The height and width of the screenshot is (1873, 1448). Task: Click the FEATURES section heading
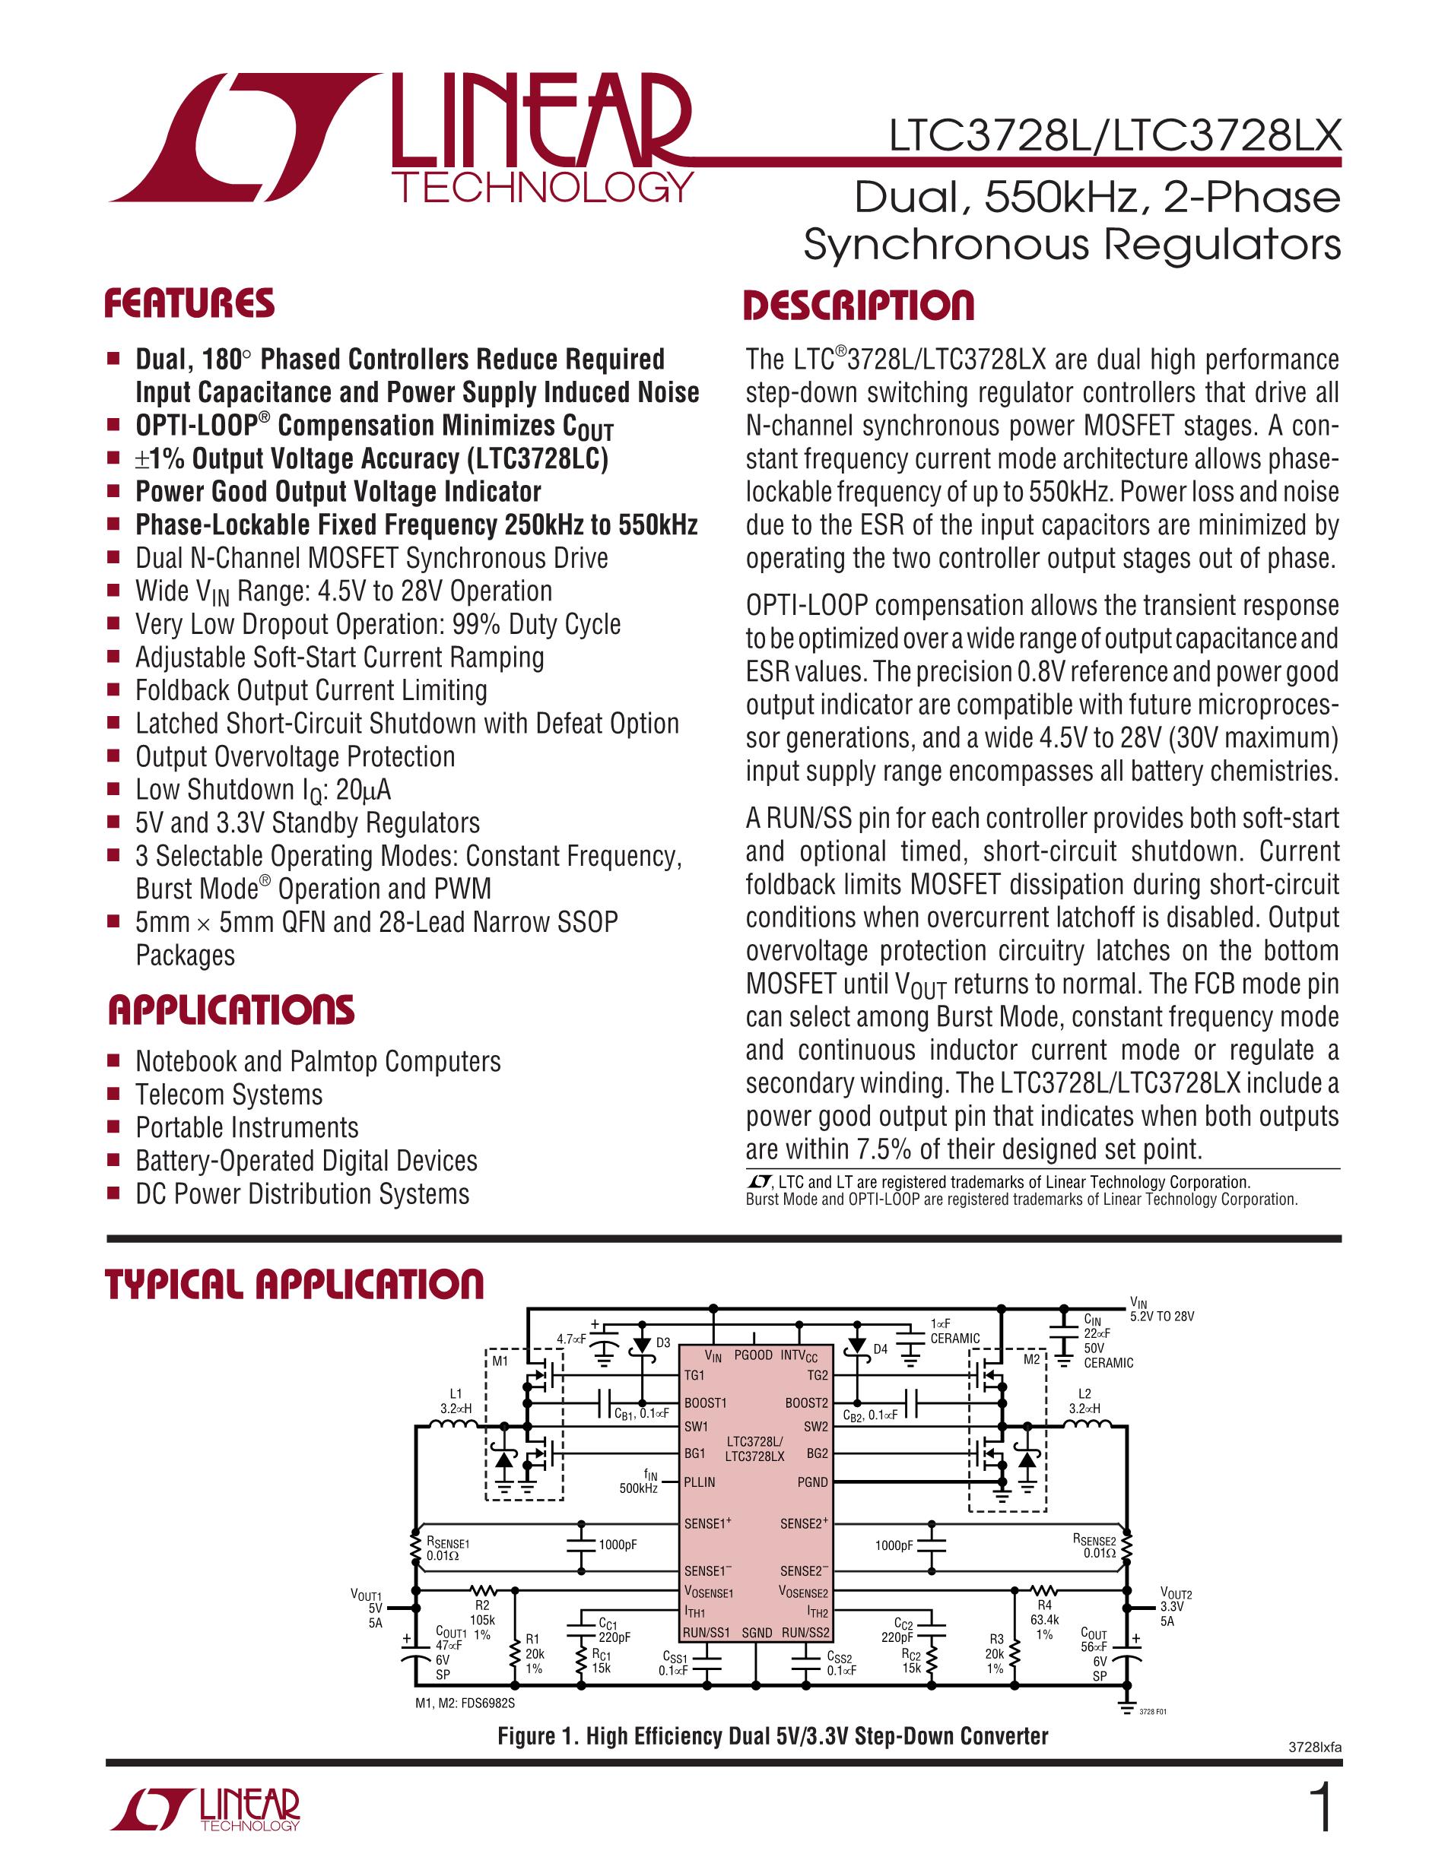coord(189,305)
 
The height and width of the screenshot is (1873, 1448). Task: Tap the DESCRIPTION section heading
coord(859,306)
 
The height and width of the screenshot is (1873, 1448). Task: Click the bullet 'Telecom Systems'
coord(229,1095)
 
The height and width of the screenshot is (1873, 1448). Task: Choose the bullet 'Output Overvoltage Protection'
coord(295,756)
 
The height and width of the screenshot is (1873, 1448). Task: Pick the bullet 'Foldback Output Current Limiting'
coord(311,690)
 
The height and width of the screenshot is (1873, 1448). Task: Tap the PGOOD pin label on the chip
coord(753,1355)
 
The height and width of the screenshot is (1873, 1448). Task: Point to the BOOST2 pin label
coord(806,1403)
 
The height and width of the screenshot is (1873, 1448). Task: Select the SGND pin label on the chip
coord(757,1632)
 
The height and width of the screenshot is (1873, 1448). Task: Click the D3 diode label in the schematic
coord(663,1342)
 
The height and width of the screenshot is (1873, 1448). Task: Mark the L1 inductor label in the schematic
coord(456,1393)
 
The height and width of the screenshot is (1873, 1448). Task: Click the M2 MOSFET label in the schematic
coord(1031,1359)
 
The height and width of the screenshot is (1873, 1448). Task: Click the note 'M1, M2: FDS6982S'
coord(465,1703)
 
